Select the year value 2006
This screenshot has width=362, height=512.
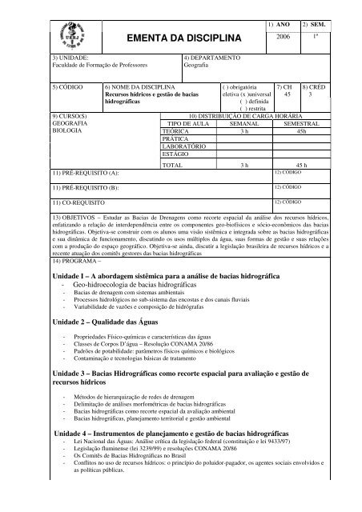click(x=284, y=38)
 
